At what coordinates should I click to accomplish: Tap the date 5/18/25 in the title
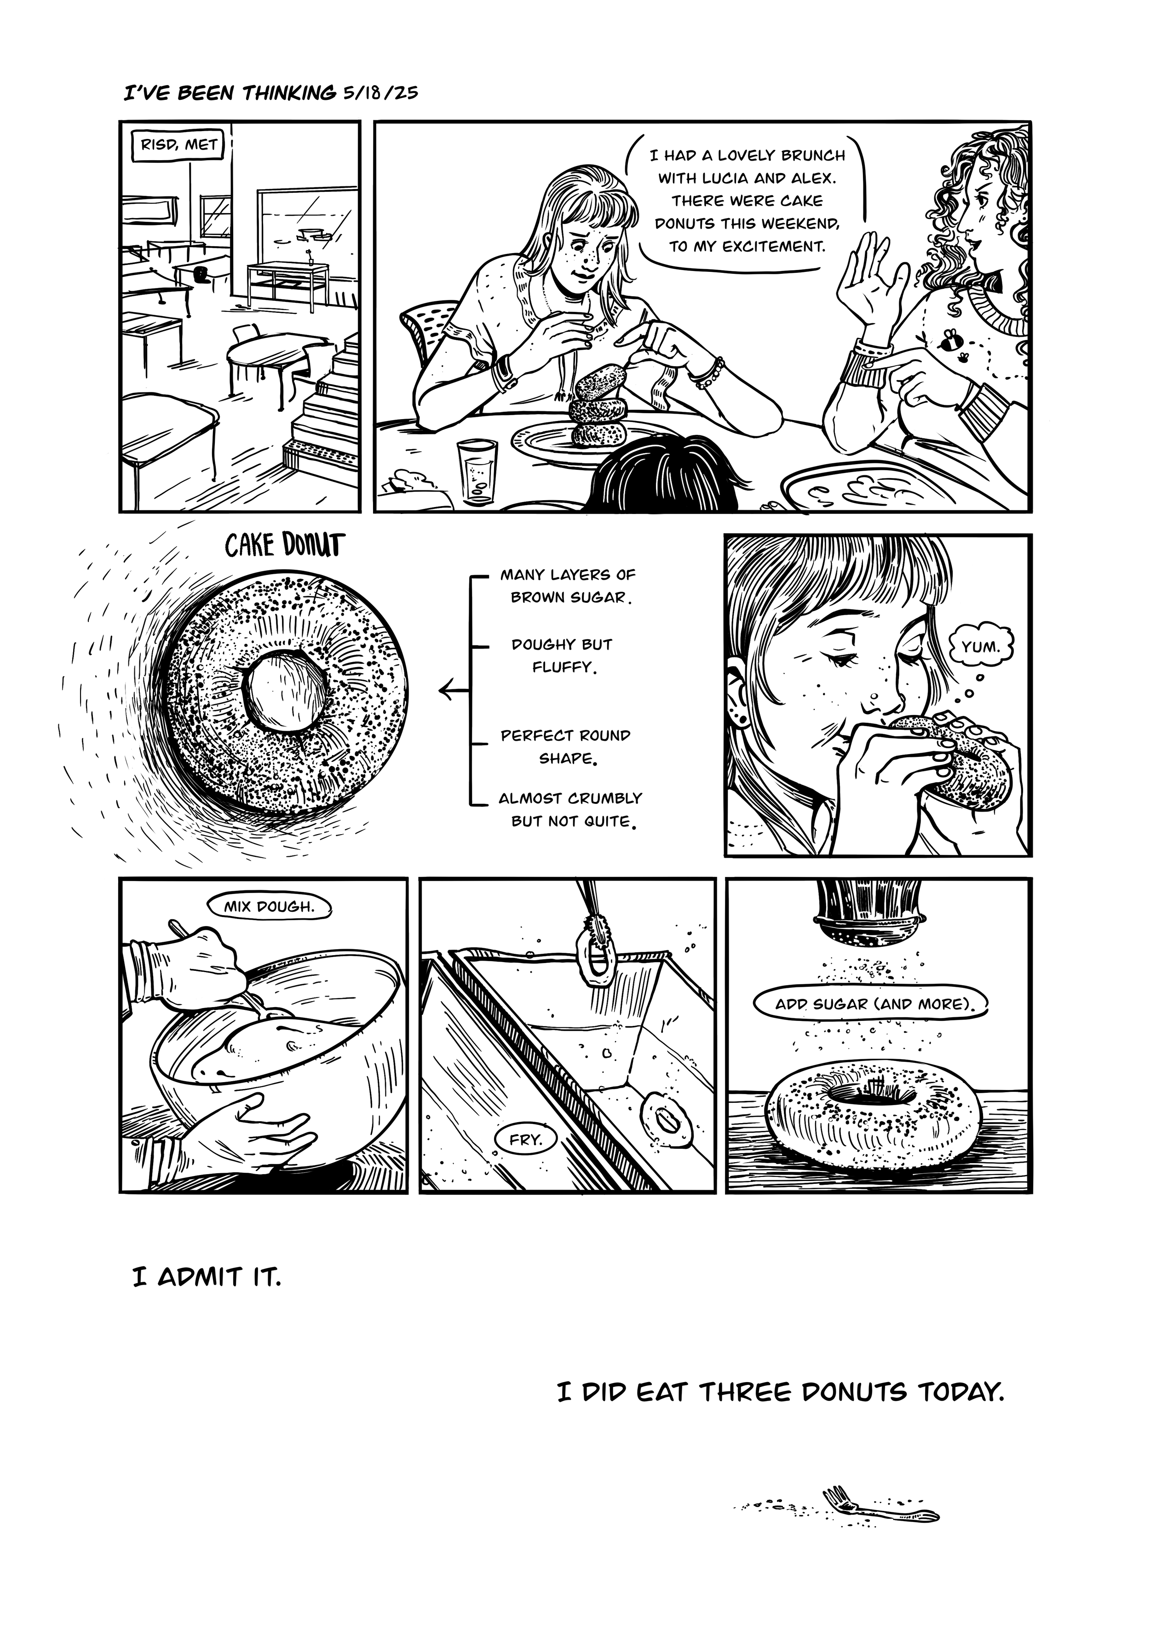pyautogui.click(x=379, y=93)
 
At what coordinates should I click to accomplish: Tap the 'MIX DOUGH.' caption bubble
pyautogui.click(x=269, y=906)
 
